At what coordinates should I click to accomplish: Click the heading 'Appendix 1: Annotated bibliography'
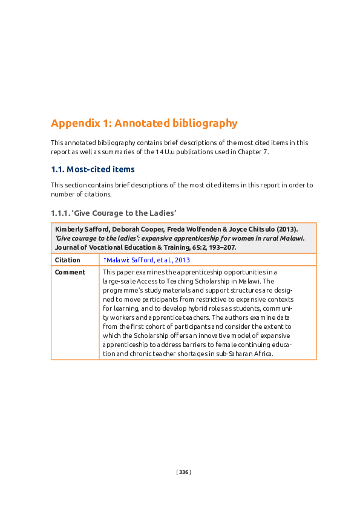[144, 123]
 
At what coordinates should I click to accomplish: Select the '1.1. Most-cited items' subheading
[93, 169]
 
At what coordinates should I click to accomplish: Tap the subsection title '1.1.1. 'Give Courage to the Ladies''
[113, 213]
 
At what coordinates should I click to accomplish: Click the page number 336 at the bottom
[183, 472]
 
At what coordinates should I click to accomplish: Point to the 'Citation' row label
[67, 260]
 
